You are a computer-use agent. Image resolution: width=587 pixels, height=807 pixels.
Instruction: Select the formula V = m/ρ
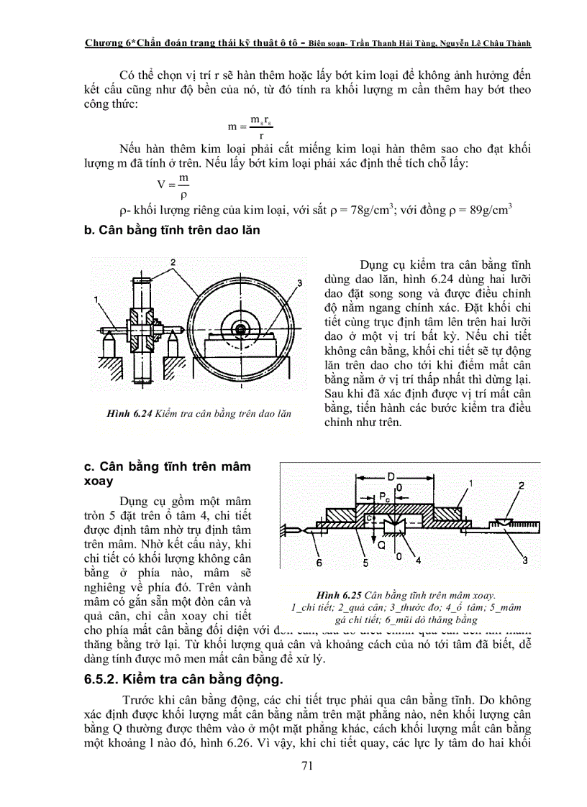tap(177, 185)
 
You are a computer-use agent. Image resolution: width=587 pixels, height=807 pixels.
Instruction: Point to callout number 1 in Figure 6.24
tap(96, 298)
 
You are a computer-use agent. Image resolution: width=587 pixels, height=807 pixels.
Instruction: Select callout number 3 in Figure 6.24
tap(299, 281)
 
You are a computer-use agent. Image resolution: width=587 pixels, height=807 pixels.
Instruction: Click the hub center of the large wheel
tap(240, 330)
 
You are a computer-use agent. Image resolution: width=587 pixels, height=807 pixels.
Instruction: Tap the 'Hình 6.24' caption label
tap(127, 414)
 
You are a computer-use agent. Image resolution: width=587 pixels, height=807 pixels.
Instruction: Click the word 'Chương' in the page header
tap(104, 42)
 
